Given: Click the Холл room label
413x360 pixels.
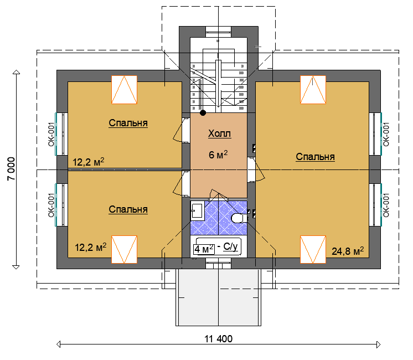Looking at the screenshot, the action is tap(219, 133).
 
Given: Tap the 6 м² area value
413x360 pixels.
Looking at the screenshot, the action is tap(218, 155).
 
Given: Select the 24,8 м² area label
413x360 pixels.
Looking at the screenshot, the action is tap(348, 251).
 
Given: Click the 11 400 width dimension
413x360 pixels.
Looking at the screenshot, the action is tap(218, 339).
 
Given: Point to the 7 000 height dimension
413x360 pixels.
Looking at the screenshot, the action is tap(11, 169).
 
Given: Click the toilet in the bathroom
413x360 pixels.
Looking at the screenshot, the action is tap(239, 218).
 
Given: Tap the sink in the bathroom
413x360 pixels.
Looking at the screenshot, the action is tap(197, 210).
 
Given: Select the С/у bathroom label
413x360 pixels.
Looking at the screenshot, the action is tap(230, 246).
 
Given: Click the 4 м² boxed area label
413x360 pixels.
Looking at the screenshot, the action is tap(204, 249).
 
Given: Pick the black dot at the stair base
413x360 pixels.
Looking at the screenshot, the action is tap(203, 113).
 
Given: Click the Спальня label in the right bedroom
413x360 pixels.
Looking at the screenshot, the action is tap(315, 157).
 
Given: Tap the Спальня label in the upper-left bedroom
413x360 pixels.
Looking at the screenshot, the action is tap(128, 123).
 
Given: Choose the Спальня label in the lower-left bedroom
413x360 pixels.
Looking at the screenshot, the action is tap(128, 209).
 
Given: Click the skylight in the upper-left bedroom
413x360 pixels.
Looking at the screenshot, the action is tap(125, 90).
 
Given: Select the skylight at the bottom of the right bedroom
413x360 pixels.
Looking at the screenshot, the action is tap(313, 249).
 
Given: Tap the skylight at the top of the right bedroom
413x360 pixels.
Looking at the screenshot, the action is tap(313, 90).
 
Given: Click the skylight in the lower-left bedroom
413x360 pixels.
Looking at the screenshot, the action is tap(125, 249).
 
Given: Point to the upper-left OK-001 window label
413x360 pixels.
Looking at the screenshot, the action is tap(51, 134).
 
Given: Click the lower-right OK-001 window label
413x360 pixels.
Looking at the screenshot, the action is tap(386, 205).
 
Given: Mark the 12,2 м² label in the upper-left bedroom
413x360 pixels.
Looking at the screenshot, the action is tap(88, 162).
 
